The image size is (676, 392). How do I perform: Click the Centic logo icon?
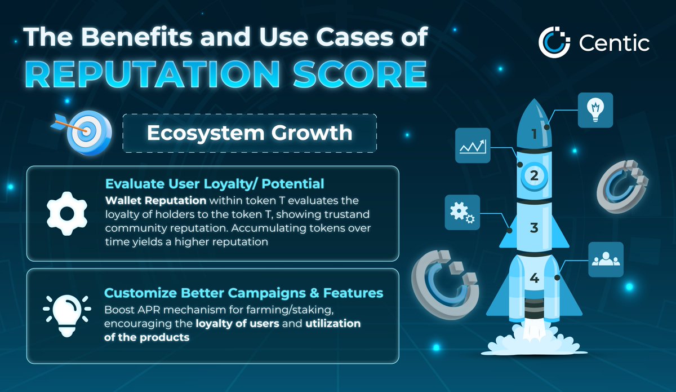click(555, 42)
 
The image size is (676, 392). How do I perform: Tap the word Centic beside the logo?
click(613, 43)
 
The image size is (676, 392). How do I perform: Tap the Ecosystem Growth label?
click(249, 133)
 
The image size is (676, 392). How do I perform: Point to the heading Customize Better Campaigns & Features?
click(243, 293)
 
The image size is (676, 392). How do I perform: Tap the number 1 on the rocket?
click(534, 134)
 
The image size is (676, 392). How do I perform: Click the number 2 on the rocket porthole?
click(534, 175)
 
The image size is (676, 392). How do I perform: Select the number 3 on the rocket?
click(534, 228)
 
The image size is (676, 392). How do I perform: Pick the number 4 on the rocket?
click(534, 278)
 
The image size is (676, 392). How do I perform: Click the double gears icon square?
click(462, 212)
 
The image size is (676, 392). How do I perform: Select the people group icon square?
click(606, 259)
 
